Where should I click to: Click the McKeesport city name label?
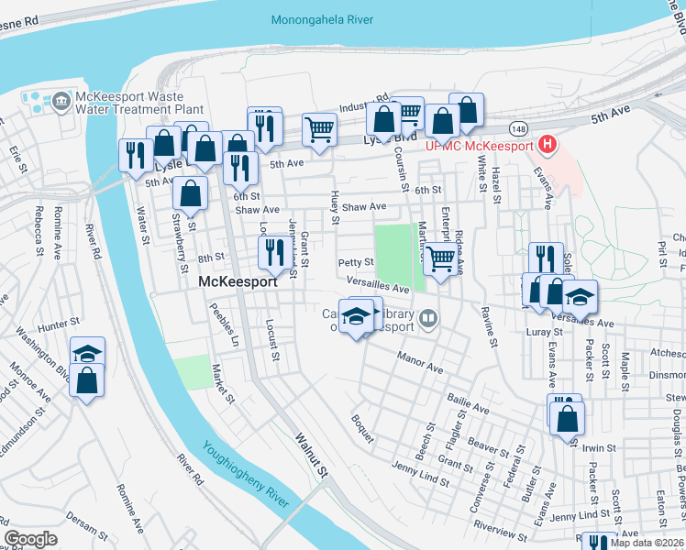pos(238,283)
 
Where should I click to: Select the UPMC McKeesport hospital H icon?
pos(548,144)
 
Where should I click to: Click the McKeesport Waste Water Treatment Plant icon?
pos(61,99)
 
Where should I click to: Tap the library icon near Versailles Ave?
pos(428,319)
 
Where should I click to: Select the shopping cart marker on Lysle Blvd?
pos(319,129)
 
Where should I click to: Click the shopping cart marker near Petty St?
pos(440,259)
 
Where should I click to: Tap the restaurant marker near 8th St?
pos(273,250)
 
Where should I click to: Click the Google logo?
pos(30,539)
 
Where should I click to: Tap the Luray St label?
pos(545,331)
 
